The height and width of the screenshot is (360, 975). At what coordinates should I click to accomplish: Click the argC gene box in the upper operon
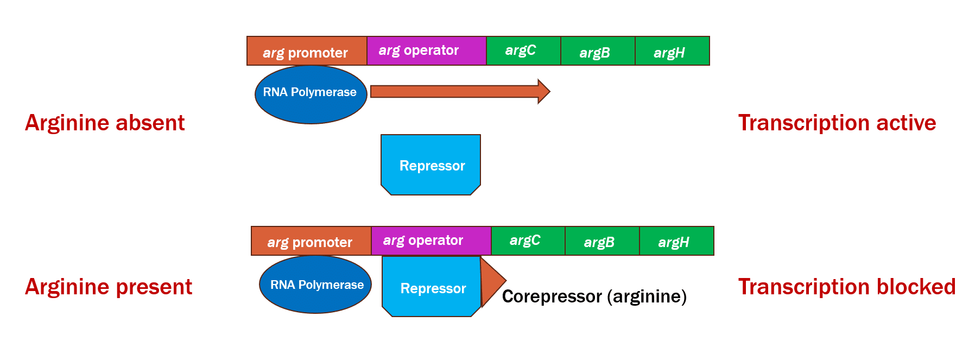click(523, 51)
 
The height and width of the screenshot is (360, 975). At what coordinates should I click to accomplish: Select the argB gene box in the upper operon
click(597, 51)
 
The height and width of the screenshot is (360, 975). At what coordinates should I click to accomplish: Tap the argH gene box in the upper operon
click(672, 51)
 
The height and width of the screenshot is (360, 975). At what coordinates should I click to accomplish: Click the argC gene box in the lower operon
click(528, 241)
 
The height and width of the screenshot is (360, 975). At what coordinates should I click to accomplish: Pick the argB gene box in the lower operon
click(602, 241)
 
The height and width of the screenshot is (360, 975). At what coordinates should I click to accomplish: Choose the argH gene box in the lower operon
click(676, 241)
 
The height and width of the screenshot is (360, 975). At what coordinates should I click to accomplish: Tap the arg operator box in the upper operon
click(426, 51)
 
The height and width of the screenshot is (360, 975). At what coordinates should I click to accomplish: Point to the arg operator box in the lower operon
click(430, 241)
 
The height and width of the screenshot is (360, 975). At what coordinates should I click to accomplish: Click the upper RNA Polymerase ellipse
click(311, 94)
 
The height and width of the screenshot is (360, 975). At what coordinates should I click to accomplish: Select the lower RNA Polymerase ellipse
click(315, 285)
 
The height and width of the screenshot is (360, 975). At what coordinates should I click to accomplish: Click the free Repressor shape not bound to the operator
click(431, 165)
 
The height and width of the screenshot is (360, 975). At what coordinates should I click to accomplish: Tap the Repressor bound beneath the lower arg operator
click(432, 287)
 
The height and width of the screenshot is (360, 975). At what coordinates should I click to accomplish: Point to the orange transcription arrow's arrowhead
click(543, 91)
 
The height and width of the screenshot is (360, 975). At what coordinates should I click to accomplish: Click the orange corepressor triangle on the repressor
click(491, 281)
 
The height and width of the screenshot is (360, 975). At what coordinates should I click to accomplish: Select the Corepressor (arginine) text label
click(594, 296)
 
